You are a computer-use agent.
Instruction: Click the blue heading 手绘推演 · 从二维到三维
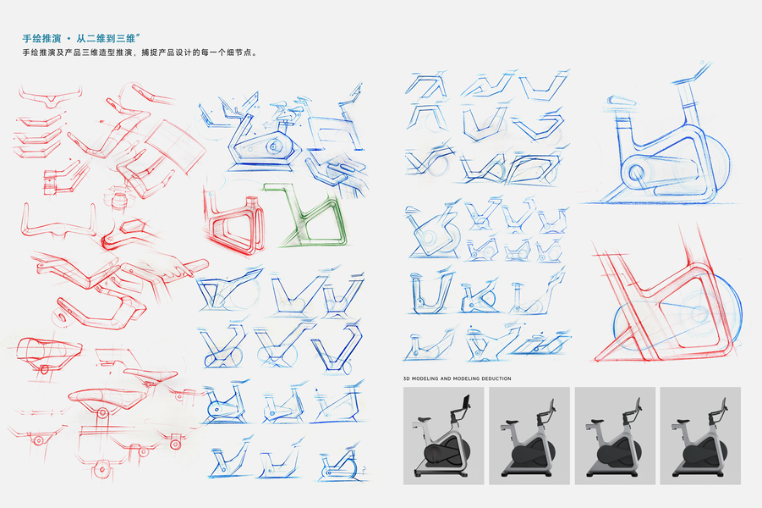[81, 38]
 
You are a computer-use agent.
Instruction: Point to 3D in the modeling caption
[407, 378]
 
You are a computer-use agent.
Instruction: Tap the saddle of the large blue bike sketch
[621, 102]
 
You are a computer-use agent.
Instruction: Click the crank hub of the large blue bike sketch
[636, 172]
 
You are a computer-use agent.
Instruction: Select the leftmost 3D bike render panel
[443, 435]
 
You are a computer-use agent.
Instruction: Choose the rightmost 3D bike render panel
[700, 435]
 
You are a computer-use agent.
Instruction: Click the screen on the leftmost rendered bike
[466, 402]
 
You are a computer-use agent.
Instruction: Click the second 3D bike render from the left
[529, 435]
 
